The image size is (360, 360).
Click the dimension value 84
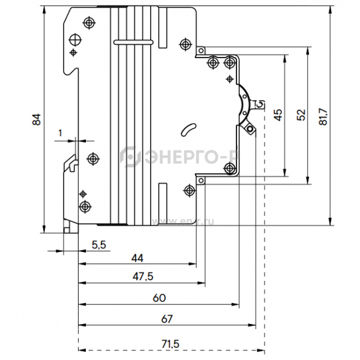[37, 119]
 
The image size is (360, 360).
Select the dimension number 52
[301, 115]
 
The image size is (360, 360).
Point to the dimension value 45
[278, 115]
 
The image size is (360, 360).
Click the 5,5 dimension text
[99, 244]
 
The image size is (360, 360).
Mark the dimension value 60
[158, 297]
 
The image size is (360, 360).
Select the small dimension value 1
[61, 132]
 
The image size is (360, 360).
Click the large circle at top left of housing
[76, 40]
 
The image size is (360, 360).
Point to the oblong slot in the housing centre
[188, 130]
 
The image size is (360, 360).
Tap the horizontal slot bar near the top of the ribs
[133, 42]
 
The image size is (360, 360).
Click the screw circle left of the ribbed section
[92, 158]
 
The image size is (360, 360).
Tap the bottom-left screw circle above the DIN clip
[84, 206]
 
